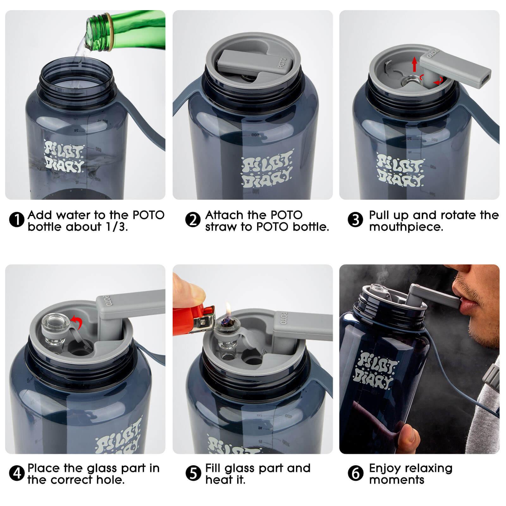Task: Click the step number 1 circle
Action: click(16, 220)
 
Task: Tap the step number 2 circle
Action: click(193, 220)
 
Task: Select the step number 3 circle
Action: click(355, 220)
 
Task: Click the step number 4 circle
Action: click(16, 473)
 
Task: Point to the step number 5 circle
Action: click(193, 473)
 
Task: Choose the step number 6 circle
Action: click(355, 473)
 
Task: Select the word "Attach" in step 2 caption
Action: click(224, 215)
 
